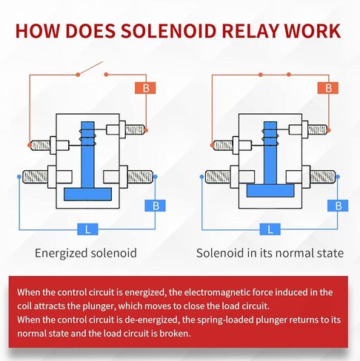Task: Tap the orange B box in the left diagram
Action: [x=145, y=88]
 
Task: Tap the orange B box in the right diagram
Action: [x=328, y=88]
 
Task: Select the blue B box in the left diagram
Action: [x=155, y=206]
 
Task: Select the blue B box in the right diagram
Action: [x=338, y=206]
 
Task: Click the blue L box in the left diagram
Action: [x=87, y=229]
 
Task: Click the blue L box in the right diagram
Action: [x=270, y=229]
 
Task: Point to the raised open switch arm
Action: [x=90, y=68]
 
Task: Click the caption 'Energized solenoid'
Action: [x=86, y=253]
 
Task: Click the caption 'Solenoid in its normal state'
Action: [x=270, y=253]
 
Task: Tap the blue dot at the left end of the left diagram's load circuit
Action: [x=19, y=177]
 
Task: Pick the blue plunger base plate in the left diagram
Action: [x=87, y=195]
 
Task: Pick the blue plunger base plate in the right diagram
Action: [x=270, y=191]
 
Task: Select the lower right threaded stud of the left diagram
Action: [x=140, y=177]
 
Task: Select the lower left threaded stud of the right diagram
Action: [x=218, y=177]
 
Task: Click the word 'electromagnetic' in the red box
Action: [x=217, y=292]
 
